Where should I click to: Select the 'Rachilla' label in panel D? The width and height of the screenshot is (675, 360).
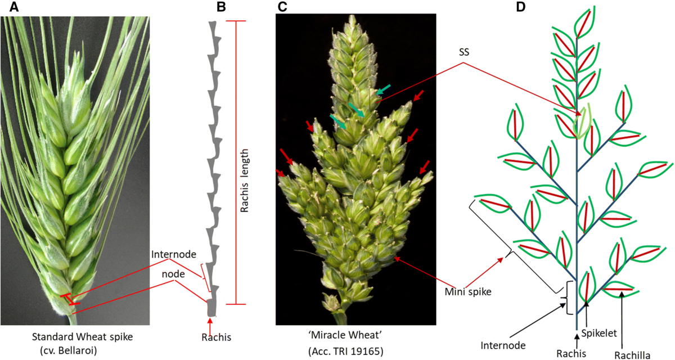tap(633, 354)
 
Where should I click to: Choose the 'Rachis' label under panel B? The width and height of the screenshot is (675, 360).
tap(216, 337)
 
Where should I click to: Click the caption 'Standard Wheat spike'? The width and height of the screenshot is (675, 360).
tap(78, 338)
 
